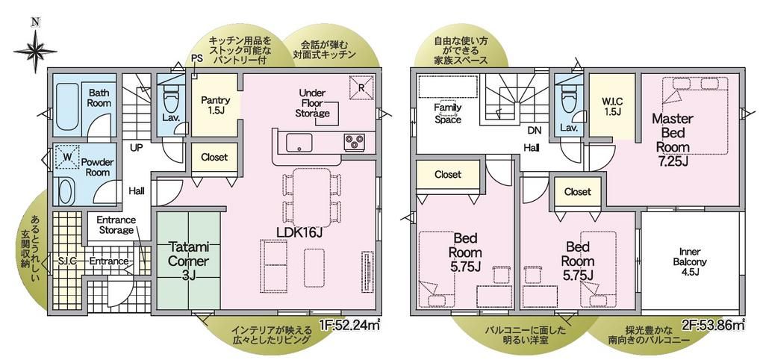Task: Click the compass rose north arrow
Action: pyautogui.click(x=34, y=49)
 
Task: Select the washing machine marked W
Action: pyautogui.click(x=66, y=157)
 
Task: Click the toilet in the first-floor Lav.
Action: pyautogui.click(x=170, y=98)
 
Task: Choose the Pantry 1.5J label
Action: pyautogui.click(x=214, y=105)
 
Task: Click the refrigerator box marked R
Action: pyautogui.click(x=361, y=87)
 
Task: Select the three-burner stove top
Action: pyautogui.click(x=355, y=141)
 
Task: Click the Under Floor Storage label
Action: pyautogui.click(x=313, y=102)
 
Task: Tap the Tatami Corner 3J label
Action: pyautogui.click(x=188, y=261)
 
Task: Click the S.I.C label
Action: pyautogui.click(x=67, y=261)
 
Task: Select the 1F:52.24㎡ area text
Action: pyautogui.click(x=349, y=325)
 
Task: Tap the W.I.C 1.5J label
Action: pyautogui.click(x=611, y=107)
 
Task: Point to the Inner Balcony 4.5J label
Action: pyautogui.click(x=690, y=261)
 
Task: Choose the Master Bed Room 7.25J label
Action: pyautogui.click(x=673, y=140)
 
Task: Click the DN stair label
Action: pyautogui.click(x=534, y=130)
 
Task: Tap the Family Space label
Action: pyautogui.click(x=448, y=113)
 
